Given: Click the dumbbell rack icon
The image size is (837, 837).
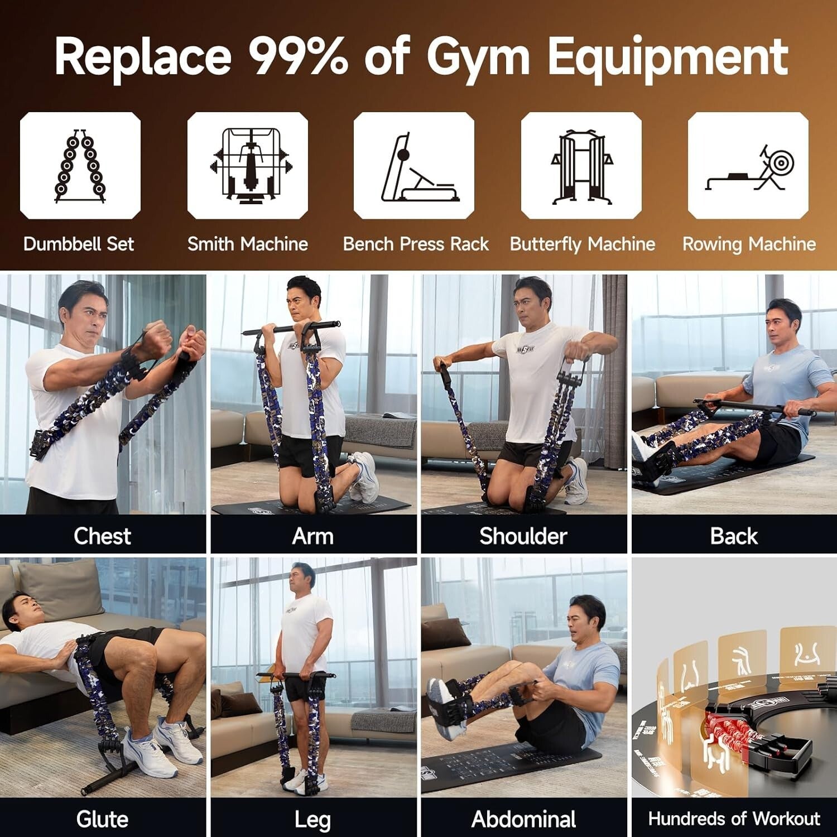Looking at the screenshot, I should pos(80,165).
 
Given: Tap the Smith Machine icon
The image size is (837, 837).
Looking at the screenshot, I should pos(247,165).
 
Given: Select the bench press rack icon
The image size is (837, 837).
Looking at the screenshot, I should pos(414,165).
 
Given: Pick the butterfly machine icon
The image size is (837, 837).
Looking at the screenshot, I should pos(581,165).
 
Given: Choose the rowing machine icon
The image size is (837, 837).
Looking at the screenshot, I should pos(748,165).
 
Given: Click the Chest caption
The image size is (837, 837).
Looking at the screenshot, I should pos(102,536).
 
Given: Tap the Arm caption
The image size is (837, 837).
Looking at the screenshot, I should pos(313,536).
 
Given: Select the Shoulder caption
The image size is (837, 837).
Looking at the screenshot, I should pos(523,536).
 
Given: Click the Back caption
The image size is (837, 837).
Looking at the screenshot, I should pos(734,536).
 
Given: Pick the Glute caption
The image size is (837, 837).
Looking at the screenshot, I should pos(102,819).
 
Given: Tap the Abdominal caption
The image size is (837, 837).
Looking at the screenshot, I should pos(523,819).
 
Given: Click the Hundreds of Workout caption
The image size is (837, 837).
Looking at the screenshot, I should pos(734,819).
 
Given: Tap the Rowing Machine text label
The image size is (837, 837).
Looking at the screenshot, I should pos(749,244).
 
